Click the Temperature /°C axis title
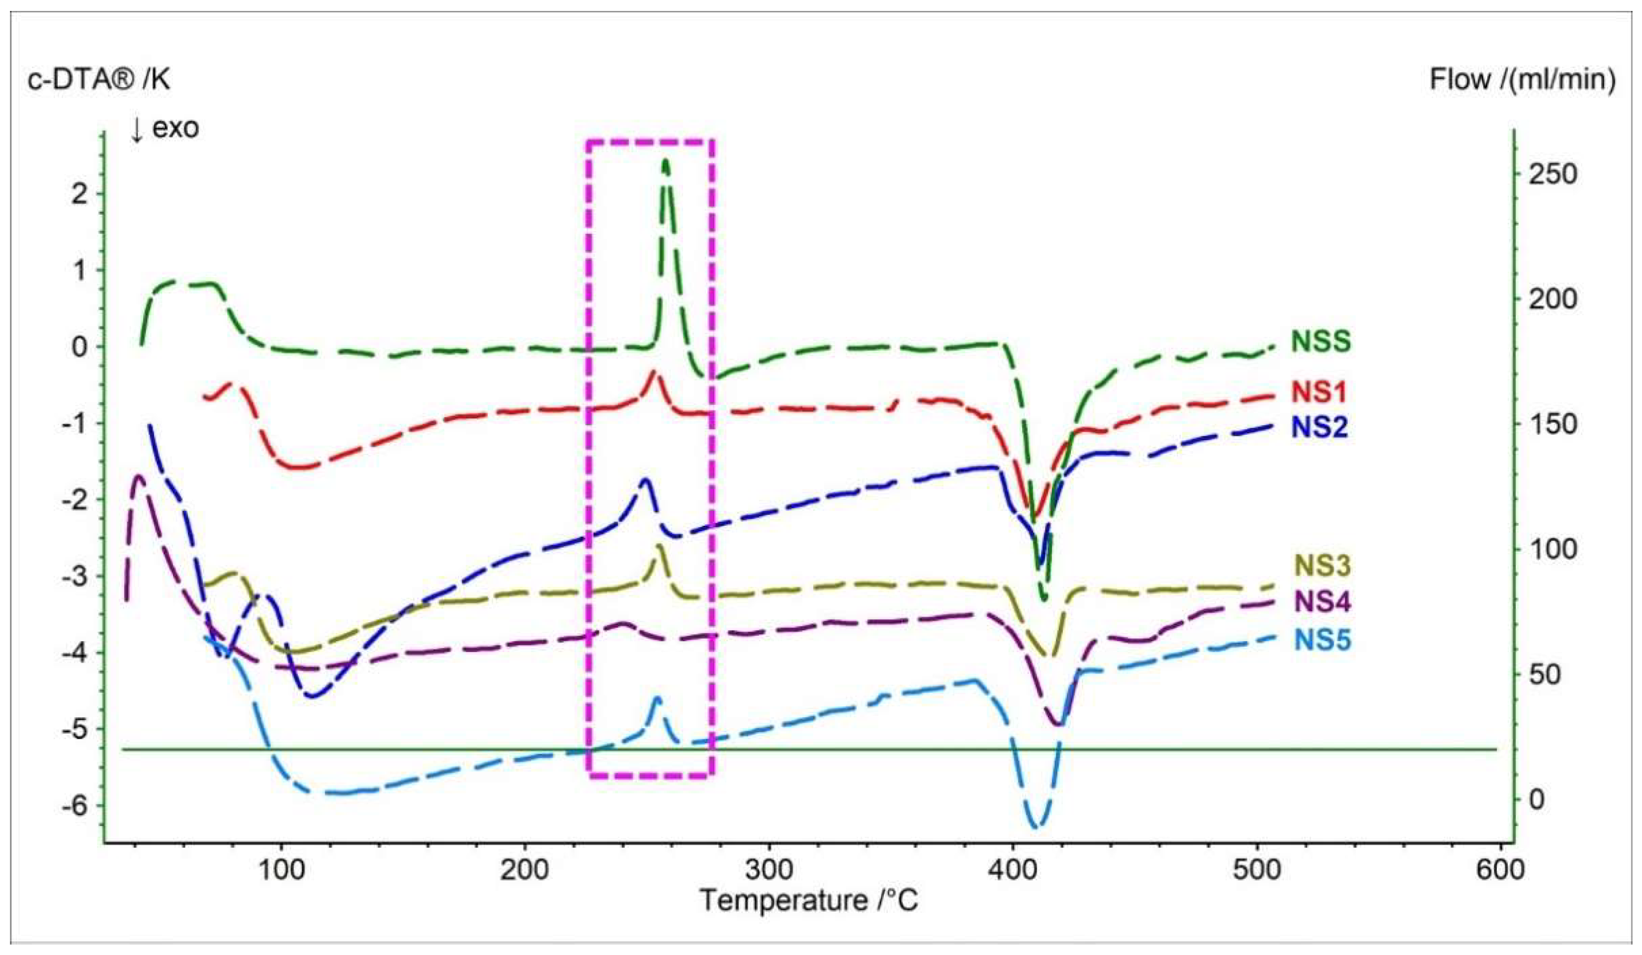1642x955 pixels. pyautogui.click(x=809, y=902)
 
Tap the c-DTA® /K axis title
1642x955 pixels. pyautogui.click(x=99, y=80)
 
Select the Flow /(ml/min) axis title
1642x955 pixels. pyautogui.click(x=1522, y=80)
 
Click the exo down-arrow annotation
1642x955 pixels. pyautogui.click(x=165, y=128)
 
